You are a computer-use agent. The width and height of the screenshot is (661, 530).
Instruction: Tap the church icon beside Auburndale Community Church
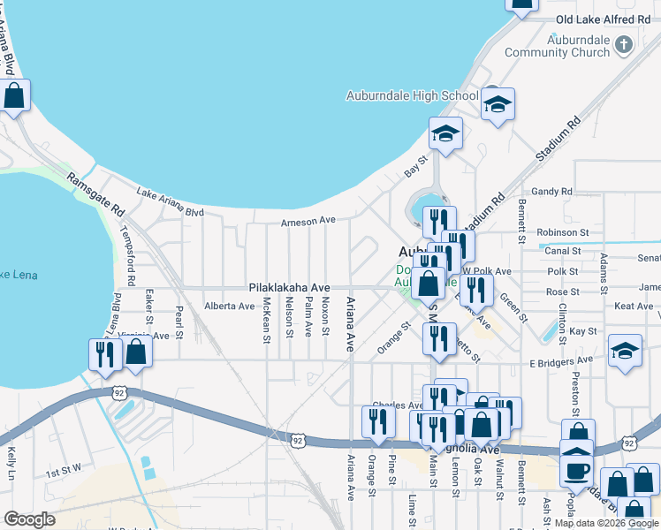click(624, 44)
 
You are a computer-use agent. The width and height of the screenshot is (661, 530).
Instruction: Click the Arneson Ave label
click(308, 222)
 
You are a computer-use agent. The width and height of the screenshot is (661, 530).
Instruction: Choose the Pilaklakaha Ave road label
click(289, 288)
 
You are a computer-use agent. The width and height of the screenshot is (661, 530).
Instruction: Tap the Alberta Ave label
click(229, 306)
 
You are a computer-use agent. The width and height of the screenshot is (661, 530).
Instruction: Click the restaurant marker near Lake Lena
click(105, 353)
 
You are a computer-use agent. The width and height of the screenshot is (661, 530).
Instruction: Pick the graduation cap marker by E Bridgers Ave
click(625, 350)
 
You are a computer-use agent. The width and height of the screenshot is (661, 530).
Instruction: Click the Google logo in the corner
click(29, 519)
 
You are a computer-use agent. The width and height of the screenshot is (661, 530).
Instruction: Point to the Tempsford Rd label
click(131, 262)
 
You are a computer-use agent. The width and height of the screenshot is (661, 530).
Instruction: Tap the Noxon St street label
click(325, 316)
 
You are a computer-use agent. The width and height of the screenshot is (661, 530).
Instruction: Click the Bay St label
click(415, 166)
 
